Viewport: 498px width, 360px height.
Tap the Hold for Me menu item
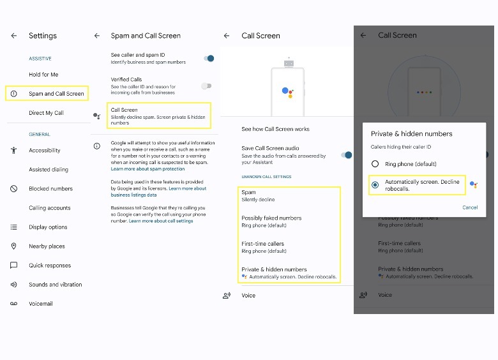43,75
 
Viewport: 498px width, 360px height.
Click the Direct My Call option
46,113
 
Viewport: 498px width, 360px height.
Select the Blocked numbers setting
50,189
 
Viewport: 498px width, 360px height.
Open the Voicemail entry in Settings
40,304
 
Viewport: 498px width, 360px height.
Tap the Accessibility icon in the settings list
13,151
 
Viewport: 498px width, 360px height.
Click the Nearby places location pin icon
13,246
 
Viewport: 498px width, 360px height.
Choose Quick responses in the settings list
50,266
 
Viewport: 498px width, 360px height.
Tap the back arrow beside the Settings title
13,36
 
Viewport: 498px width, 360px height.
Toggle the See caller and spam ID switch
207,58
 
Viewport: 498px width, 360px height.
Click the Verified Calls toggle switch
206,86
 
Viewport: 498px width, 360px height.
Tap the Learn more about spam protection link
147,169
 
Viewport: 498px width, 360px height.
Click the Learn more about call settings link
161,221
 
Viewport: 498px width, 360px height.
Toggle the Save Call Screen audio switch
347,154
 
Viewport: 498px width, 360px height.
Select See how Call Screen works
275,129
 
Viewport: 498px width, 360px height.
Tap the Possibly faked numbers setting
271,221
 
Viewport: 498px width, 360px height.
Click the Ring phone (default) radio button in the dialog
375,164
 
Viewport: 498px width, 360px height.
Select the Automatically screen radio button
375,185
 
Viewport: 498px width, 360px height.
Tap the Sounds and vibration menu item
55,285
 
